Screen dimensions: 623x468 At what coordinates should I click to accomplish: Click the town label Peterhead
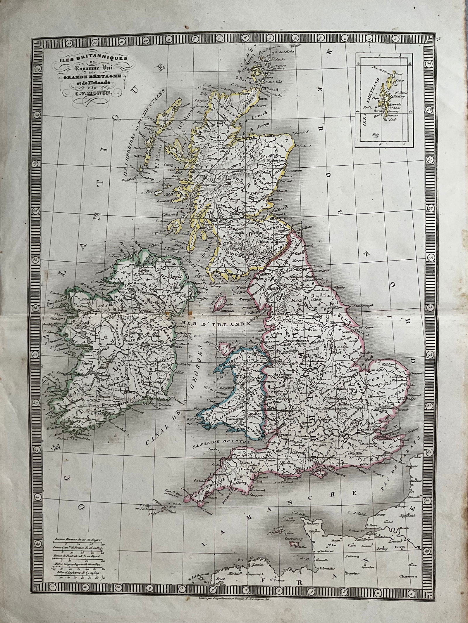(306, 146)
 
